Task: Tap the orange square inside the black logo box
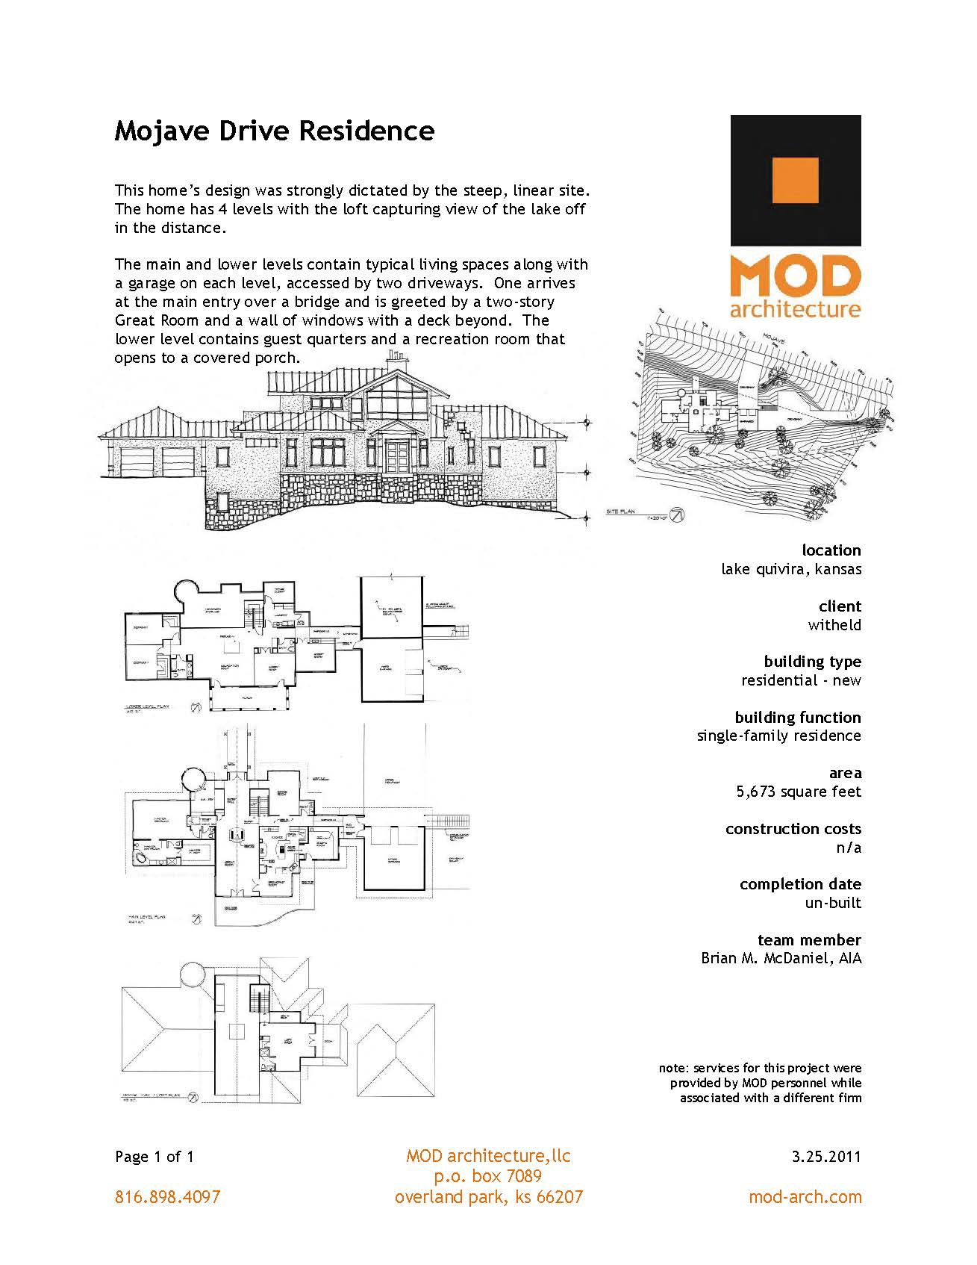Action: [x=796, y=180]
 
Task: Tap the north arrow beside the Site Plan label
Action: [x=677, y=515]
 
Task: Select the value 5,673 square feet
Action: [x=798, y=792]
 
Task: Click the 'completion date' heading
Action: [x=799, y=884]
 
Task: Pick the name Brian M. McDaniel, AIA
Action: [x=781, y=958]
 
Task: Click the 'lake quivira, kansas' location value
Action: [x=790, y=569]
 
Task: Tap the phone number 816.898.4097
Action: [x=167, y=1197]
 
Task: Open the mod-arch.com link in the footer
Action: [x=805, y=1197]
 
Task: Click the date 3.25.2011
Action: [x=826, y=1157]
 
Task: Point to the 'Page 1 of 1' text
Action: [x=154, y=1157]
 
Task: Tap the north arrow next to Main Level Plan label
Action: [x=196, y=919]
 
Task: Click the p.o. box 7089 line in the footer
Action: [x=488, y=1177]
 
